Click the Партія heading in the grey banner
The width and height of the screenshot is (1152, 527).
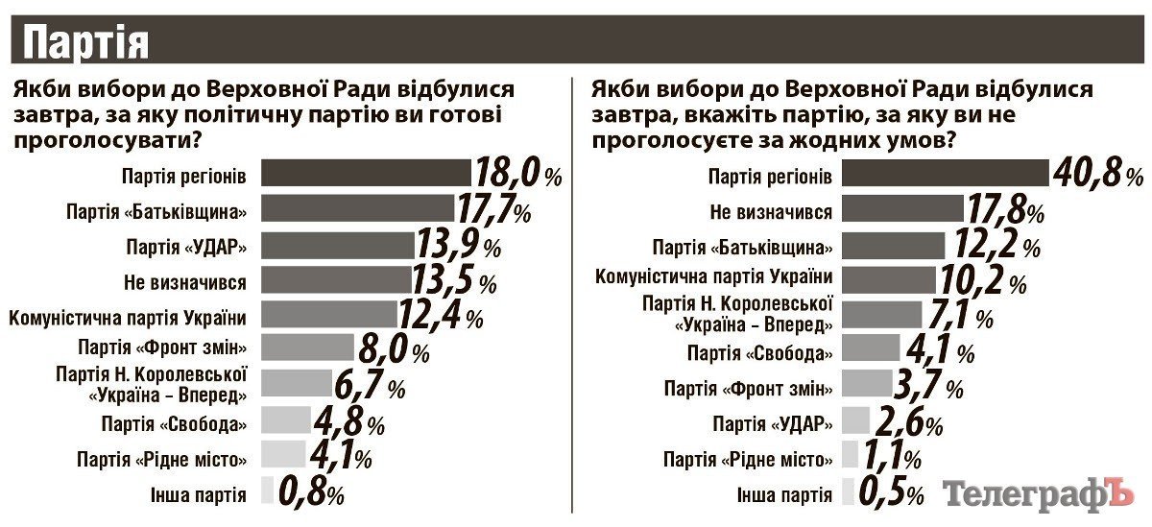click(85, 43)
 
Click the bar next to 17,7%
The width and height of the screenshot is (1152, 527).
click(356, 209)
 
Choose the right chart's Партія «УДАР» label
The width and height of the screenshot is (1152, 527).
click(772, 423)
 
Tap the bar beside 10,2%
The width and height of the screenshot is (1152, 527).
click(889, 280)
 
